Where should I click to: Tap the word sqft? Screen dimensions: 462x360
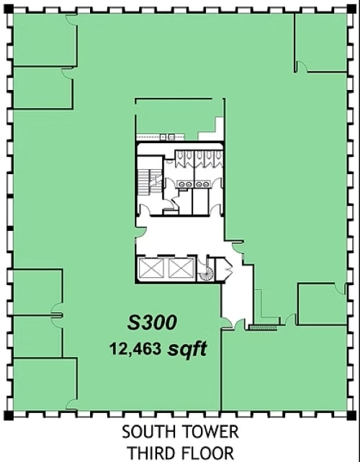pyautogui.click(x=188, y=350)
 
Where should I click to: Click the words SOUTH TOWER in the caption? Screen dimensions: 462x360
pyautogui.click(x=179, y=433)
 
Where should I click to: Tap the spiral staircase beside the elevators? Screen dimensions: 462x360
pyautogui.click(x=207, y=272)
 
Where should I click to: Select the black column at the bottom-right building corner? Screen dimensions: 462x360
pyautogui.click(x=352, y=415)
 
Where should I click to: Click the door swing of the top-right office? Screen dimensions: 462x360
pyautogui.click(x=302, y=67)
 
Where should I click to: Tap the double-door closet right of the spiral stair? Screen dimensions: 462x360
pyautogui.click(x=225, y=271)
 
